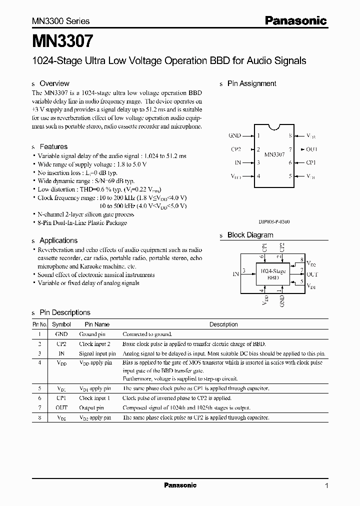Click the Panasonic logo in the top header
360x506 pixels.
(295, 21)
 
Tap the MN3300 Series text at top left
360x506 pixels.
(61, 21)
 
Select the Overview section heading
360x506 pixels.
(54, 83)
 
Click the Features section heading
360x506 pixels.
(53, 146)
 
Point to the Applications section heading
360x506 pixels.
(58, 240)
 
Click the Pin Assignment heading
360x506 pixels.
(251, 83)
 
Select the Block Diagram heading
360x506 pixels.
(250, 235)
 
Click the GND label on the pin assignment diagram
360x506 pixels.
(234, 135)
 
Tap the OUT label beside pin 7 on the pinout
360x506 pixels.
(311, 149)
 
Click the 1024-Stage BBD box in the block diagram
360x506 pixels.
(273, 274)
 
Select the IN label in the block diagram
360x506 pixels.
(235, 274)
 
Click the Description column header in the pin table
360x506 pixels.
(223, 324)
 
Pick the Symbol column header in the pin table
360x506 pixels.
(61, 324)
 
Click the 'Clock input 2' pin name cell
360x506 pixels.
(94, 344)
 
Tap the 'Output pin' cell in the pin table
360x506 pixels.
(91, 408)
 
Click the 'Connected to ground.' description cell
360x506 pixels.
(147, 334)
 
